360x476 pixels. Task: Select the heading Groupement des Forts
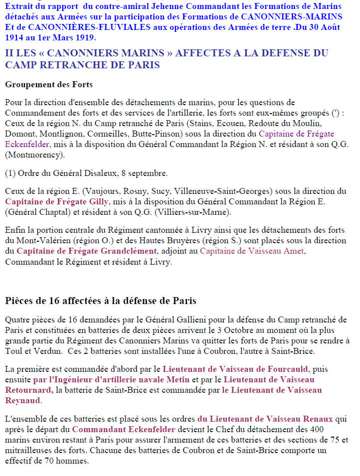[49, 84]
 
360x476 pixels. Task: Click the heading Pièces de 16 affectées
[101, 301]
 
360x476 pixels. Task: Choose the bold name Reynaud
[23, 400]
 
